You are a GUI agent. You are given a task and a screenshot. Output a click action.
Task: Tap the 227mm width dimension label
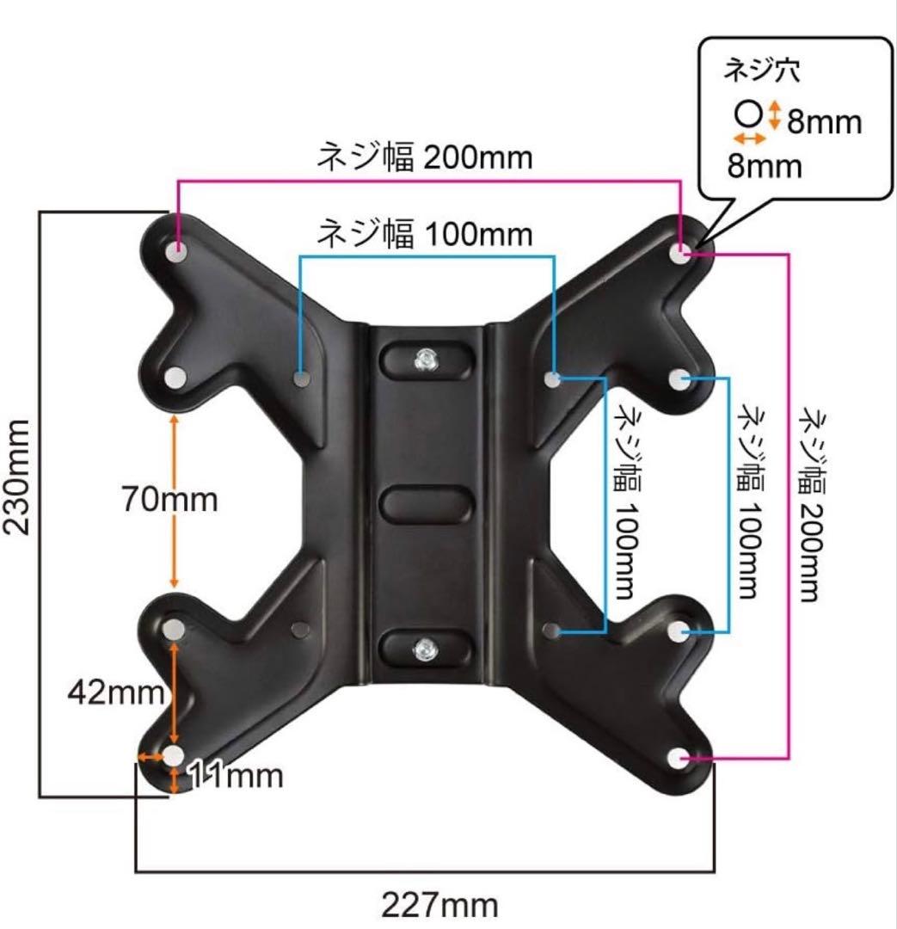click(x=439, y=905)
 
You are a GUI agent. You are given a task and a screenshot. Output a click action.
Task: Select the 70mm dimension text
click(x=170, y=499)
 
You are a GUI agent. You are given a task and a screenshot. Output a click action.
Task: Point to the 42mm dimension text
click(x=116, y=691)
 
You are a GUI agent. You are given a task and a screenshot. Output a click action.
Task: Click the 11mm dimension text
click(x=236, y=775)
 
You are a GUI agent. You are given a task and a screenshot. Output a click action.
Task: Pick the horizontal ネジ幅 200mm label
click(x=425, y=157)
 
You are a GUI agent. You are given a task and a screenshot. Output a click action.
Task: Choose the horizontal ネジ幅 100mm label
click(x=425, y=233)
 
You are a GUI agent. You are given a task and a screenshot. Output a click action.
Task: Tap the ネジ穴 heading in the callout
click(x=762, y=71)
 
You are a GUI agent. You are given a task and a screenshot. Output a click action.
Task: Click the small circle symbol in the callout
click(x=748, y=114)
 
